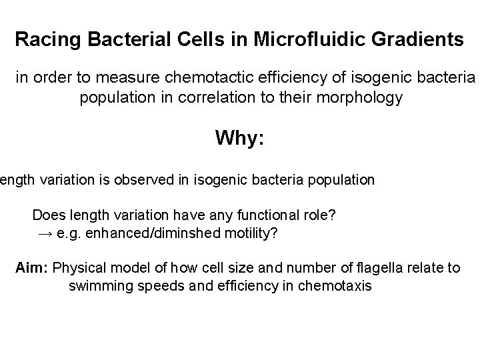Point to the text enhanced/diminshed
pos(139,234)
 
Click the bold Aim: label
pos(32,268)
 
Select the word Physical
pos(77,268)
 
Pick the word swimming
pos(98,287)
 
